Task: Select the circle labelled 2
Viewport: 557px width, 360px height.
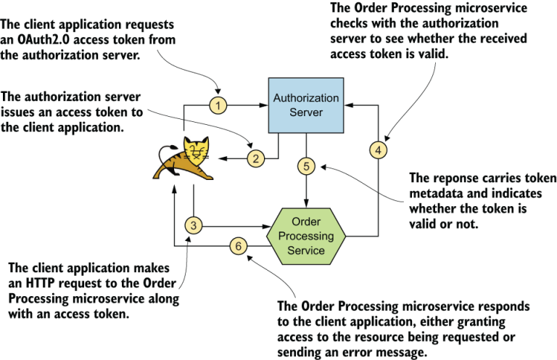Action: coord(254,157)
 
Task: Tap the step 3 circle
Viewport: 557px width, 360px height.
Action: coord(194,225)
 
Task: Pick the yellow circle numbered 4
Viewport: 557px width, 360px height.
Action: coord(378,150)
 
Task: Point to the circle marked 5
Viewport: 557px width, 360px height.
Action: coord(306,166)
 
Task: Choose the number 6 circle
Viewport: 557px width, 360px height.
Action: coord(239,246)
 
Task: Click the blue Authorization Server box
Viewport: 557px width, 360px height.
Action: coord(305,105)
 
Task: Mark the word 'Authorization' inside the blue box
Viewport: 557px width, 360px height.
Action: coord(305,98)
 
